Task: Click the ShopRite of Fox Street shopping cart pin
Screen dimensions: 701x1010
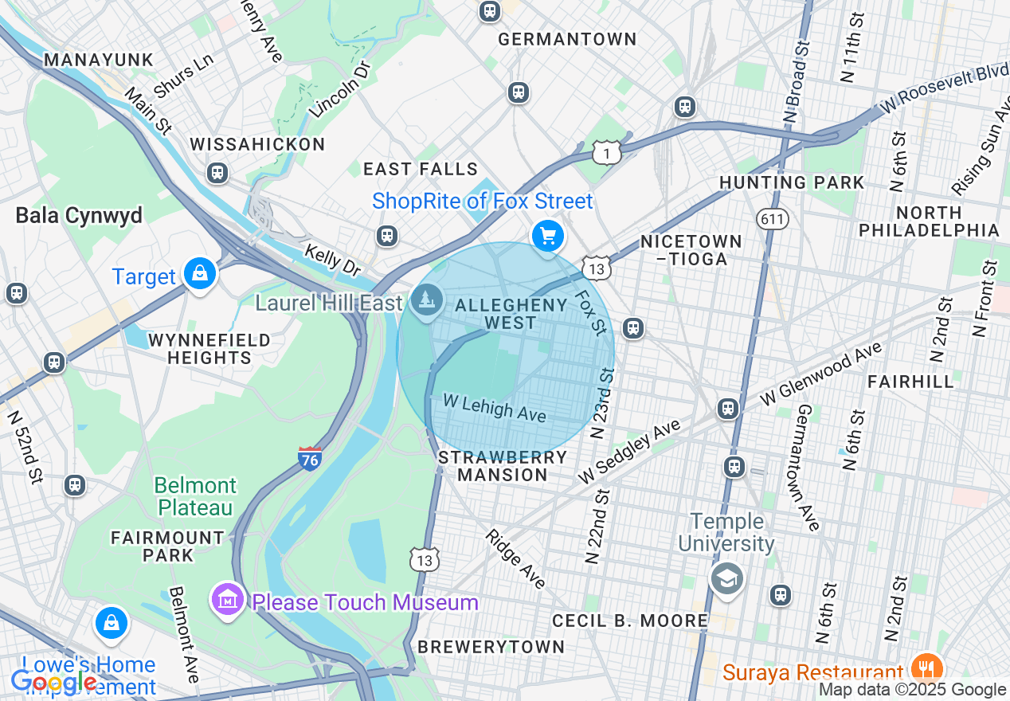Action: [x=548, y=236]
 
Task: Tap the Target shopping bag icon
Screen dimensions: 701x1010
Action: [x=200, y=274]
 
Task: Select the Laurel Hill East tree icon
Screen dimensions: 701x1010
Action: [x=428, y=300]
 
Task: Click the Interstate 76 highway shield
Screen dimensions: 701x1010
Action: [x=310, y=458]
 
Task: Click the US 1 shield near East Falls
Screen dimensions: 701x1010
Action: [x=607, y=151]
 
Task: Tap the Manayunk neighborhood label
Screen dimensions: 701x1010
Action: [x=98, y=60]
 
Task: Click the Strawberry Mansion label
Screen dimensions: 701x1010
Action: [x=503, y=466]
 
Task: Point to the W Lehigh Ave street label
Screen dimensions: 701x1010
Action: [x=494, y=408]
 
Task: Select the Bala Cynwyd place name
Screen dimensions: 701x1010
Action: [x=79, y=215]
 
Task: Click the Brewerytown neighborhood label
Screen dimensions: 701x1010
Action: [x=491, y=646]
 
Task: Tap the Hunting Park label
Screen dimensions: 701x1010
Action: [x=791, y=182]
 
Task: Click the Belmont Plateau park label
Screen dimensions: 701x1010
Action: [x=195, y=496]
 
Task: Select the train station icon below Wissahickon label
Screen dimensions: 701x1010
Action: [x=217, y=173]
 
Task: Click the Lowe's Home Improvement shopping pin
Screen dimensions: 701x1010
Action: [x=112, y=623]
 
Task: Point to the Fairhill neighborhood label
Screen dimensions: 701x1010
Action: [x=910, y=382]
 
